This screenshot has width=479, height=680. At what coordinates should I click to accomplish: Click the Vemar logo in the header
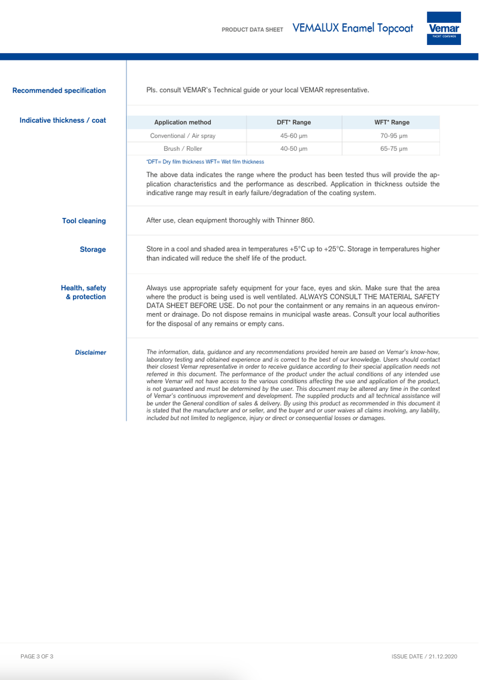444,28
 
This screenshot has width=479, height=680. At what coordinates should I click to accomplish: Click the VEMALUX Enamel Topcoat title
353,28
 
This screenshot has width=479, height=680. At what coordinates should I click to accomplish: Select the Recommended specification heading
59,90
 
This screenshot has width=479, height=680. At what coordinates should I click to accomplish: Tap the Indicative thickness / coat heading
63,120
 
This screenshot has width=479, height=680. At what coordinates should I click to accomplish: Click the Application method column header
183,122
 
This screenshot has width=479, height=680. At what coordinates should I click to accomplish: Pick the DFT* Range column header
293,122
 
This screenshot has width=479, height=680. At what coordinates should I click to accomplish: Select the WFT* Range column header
392,122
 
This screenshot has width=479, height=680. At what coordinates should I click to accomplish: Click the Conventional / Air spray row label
183,136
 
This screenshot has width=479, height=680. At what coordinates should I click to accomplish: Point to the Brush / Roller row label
183,148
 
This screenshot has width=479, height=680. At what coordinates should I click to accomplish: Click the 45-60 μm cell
293,136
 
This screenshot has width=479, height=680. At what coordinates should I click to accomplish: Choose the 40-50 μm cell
293,148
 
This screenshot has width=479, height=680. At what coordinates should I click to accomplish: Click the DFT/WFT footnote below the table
205,162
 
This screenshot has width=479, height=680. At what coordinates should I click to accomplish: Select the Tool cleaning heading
84,221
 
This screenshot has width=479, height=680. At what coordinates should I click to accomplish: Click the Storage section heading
93,250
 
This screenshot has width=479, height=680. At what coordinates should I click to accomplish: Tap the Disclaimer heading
90,353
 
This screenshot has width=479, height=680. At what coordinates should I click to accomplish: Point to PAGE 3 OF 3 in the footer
37,657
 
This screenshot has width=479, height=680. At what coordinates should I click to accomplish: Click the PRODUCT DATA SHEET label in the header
252,29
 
